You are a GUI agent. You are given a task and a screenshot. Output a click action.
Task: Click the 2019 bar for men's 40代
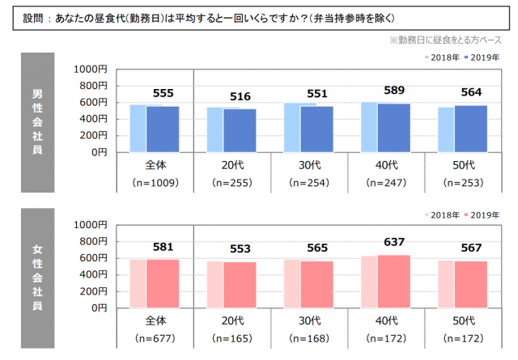(394, 128)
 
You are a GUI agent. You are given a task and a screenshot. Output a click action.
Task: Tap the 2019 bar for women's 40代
(394, 282)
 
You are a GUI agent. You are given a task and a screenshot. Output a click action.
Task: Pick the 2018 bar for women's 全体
(137, 284)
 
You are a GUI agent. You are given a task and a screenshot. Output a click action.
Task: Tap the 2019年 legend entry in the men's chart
(483, 58)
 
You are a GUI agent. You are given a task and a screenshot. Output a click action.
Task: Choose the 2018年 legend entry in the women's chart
(443, 214)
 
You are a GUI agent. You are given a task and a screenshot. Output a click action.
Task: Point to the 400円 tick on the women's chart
(91, 275)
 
